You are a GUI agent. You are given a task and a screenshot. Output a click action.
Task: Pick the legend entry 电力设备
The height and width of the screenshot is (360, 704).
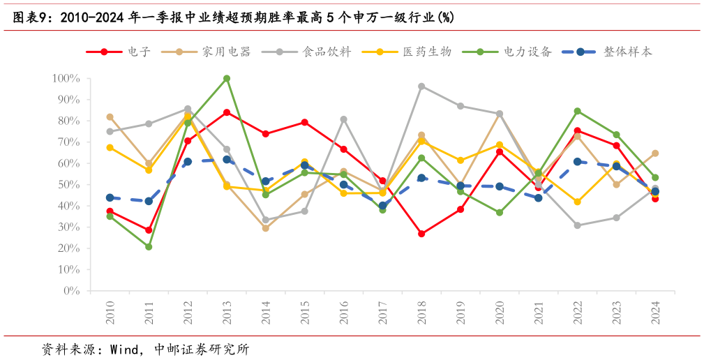click(x=527, y=52)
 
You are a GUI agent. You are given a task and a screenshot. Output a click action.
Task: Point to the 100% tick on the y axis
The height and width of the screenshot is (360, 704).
click(x=66, y=79)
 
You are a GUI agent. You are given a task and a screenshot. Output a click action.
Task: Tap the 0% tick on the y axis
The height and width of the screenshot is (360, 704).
click(x=71, y=291)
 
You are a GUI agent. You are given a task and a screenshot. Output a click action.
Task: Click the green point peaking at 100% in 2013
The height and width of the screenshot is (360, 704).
click(x=227, y=79)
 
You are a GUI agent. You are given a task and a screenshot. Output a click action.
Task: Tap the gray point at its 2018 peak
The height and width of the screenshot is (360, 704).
click(x=421, y=87)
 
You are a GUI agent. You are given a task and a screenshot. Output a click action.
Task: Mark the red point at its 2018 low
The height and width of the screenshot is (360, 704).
click(x=421, y=234)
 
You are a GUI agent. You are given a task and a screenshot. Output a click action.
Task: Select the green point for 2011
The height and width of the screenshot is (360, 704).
click(x=149, y=247)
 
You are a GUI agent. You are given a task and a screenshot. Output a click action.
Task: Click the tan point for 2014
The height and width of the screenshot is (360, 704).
click(x=266, y=228)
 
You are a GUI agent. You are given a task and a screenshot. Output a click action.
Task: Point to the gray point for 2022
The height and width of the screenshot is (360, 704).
click(x=578, y=225)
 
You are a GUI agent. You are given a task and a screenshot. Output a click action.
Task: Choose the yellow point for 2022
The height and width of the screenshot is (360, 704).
click(x=578, y=202)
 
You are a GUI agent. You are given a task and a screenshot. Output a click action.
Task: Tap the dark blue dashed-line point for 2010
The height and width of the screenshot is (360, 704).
click(x=110, y=198)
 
